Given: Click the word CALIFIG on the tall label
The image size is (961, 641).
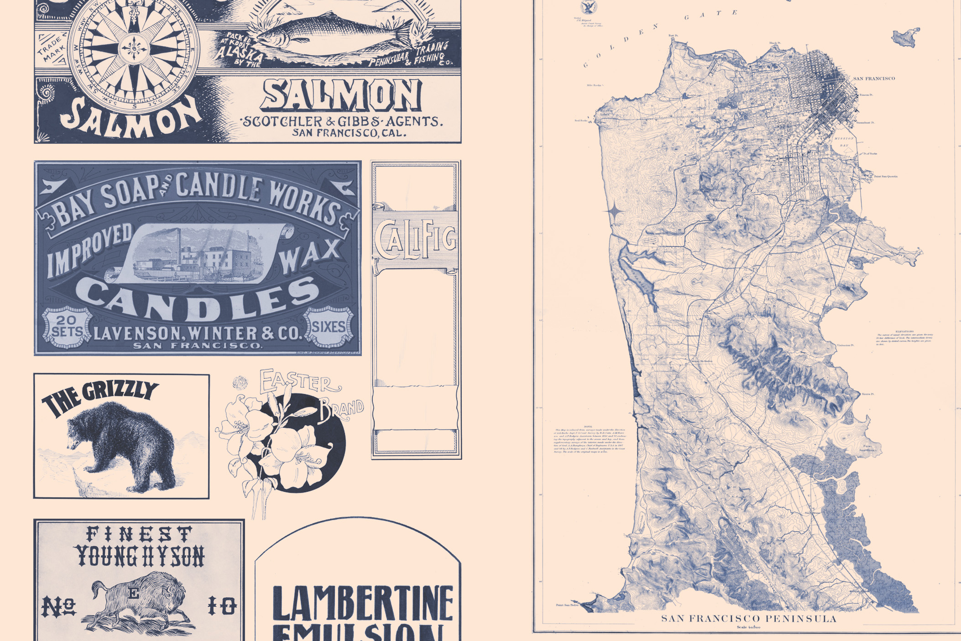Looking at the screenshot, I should tap(415, 238).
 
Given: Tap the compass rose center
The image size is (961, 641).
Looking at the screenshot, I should tap(134, 49).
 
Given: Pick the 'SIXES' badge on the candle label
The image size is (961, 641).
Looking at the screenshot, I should tap(329, 327).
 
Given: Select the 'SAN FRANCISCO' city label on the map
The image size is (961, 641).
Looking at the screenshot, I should tap(874, 79).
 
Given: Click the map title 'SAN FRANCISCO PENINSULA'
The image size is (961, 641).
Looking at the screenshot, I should tap(749, 619).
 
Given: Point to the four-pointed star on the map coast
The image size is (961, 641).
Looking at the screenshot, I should tap(615, 211).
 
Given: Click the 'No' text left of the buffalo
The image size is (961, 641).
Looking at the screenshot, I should tap(59, 606).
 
